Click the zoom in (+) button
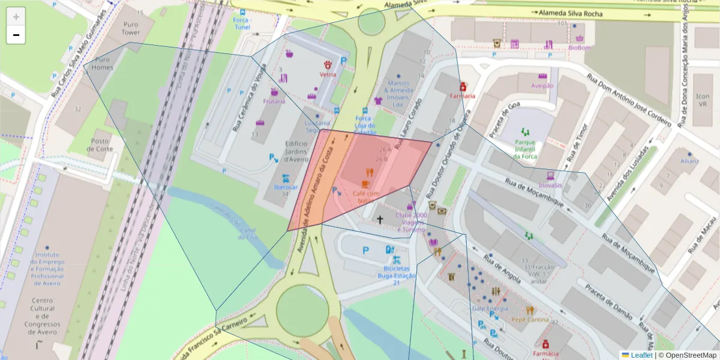pos(16,17)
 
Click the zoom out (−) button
pos(16,35)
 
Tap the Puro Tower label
pos(130,29)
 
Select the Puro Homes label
pos(102,64)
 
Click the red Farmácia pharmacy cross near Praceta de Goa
pos(463,86)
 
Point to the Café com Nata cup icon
pos(365,184)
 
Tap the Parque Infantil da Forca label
pos(524,149)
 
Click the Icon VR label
pos(702,100)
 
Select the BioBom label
pos(580,47)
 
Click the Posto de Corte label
pos(100,145)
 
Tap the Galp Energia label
pos(490,308)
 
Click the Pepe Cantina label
pos(530,320)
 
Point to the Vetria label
pos(328,75)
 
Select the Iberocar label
pos(286,187)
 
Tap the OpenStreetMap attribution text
pos(687,355)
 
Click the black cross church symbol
pos(379,220)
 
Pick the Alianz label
pos(690,161)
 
